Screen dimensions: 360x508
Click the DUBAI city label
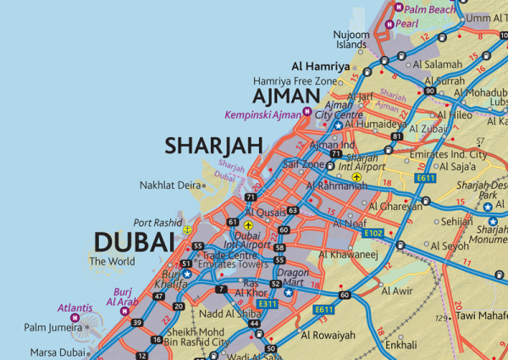[135, 243]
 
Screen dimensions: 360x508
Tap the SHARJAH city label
[213, 146]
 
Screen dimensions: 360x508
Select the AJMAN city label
[285, 97]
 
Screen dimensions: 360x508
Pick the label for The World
[112, 262]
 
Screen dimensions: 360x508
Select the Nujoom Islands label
[351, 40]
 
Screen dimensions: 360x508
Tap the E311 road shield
[268, 302]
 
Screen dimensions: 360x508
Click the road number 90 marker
[430, 91]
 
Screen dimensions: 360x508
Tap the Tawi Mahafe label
[479, 316]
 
